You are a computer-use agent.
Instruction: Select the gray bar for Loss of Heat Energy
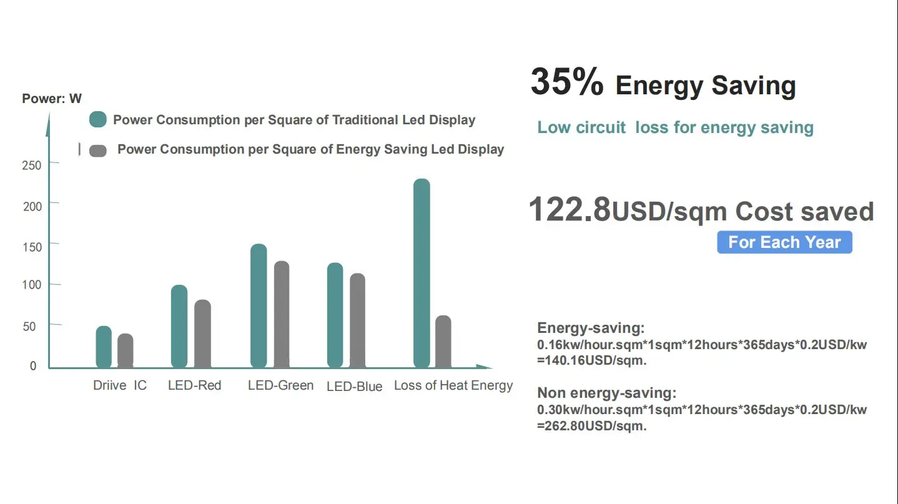(443, 342)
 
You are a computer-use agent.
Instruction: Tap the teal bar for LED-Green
(259, 305)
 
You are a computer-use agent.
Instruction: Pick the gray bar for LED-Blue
(357, 320)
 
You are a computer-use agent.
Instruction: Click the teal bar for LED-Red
(179, 326)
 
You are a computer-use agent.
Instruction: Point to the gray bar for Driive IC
(126, 350)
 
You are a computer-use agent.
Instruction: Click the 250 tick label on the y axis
(32, 165)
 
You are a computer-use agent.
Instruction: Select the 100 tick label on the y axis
(32, 285)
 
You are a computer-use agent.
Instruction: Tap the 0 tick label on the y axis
(34, 366)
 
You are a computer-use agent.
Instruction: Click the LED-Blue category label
(354, 387)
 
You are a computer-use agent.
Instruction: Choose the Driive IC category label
(120, 385)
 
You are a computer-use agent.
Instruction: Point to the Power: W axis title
(52, 99)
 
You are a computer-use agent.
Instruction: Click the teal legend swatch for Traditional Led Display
(98, 119)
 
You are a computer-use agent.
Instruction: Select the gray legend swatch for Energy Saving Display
(98, 151)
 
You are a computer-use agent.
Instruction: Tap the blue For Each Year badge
(784, 242)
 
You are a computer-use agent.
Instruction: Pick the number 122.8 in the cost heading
(570, 210)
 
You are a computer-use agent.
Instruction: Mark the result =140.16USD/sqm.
(591, 360)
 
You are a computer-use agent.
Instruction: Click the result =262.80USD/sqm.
(591, 426)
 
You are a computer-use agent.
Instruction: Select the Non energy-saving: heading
(606, 393)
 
